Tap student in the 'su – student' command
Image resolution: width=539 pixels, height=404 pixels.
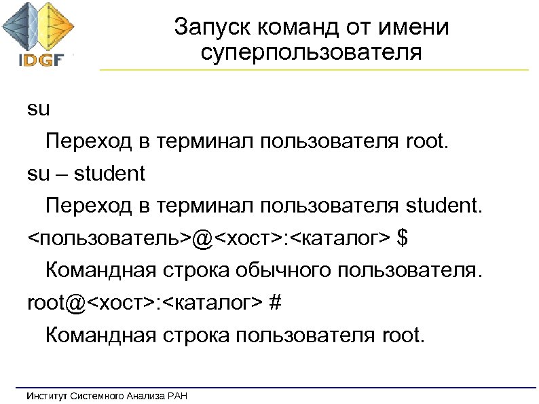[x=110, y=174]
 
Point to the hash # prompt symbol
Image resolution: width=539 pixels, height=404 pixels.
[x=275, y=304]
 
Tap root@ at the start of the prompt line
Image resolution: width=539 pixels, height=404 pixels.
[x=57, y=304]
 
